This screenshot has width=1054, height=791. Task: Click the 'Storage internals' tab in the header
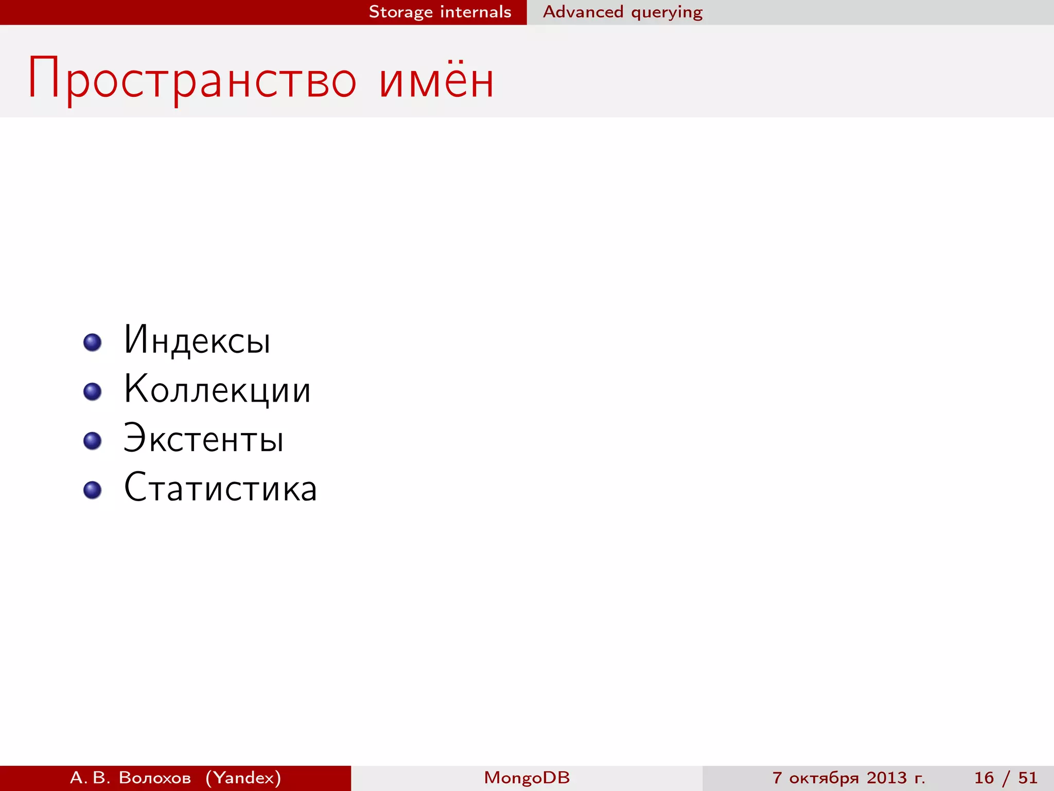tap(440, 12)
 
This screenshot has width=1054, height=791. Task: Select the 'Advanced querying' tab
tap(623, 12)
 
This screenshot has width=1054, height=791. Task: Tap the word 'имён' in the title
tap(436, 80)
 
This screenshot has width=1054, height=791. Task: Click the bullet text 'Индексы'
tap(197, 340)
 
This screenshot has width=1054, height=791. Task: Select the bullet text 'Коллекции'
tap(217, 389)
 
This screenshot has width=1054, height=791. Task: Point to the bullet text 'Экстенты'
tap(203, 439)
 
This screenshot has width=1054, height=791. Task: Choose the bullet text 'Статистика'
tap(220, 488)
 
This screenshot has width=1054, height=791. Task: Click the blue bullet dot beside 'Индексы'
tap(93, 342)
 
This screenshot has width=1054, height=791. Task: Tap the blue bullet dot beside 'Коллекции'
tap(93, 391)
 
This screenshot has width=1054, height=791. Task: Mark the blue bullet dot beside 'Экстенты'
tap(93, 441)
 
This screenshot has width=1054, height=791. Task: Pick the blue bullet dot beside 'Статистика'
tap(93, 490)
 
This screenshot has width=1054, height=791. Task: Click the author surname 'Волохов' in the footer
tap(155, 778)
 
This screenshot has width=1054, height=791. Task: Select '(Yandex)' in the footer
tap(243, 778)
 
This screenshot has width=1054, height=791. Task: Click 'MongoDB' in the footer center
tap(526, 778)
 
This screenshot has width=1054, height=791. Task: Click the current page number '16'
tap(983, 778)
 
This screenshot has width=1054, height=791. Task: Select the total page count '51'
tap(1028, 778)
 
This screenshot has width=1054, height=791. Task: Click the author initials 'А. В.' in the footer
tap(90, 778)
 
